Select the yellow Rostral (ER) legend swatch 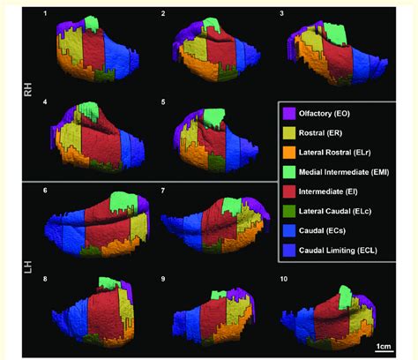tap(287, 132)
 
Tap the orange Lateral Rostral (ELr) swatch tap(287, 151)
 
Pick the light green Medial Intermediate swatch tap(287, 169)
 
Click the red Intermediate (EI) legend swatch tap(287, 188)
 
